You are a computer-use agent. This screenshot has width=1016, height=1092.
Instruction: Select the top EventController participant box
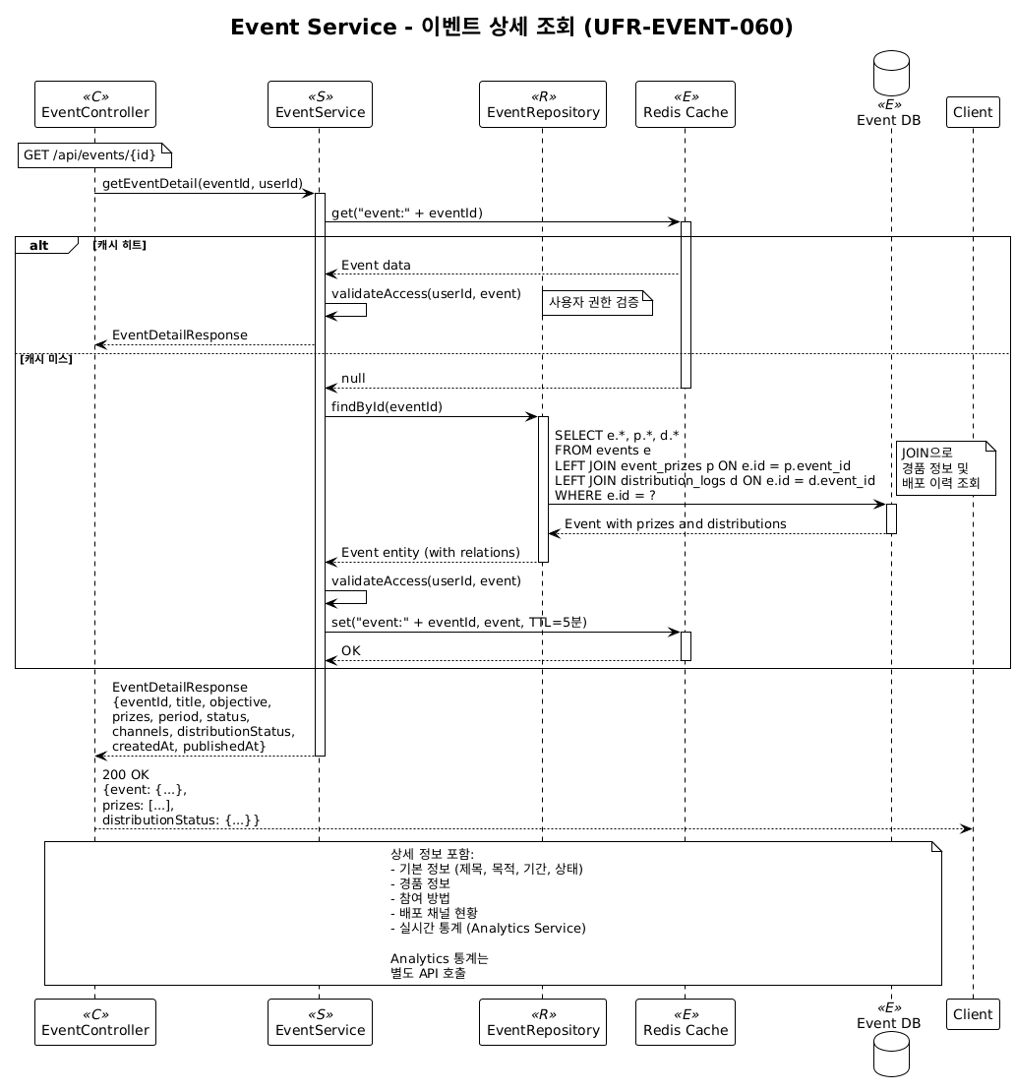pyautogui.click(x=95, y=105)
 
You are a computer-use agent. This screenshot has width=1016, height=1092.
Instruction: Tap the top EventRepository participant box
pyautogui.click(x=543, y=105)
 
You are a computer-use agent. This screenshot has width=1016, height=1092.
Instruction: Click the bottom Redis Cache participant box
pyautogui.click(x=686, y=1022)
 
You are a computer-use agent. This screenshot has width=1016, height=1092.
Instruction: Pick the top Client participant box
pyautogui.click(x=973, y=112)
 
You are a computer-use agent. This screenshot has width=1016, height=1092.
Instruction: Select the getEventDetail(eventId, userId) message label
pyautogui.click(x=202, y=184)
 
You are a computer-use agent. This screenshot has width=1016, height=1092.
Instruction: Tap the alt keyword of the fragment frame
pyautogui.click(x=39, y=245)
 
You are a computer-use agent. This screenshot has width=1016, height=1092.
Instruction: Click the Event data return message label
pyautogui.click(x=376, y=266)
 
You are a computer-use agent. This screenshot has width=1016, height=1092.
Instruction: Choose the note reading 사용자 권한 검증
pyautogui.click(x=596, y=302)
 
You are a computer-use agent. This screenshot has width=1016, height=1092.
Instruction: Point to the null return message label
pyautogui.click(x=353, y=379)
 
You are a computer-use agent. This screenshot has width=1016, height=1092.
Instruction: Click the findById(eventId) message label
pyautogui.click(x=387, y=406)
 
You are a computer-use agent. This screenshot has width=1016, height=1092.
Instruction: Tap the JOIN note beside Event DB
pyautogui.click(x=945, y=468)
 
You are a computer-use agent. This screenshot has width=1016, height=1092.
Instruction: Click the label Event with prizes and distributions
pyautogui.click(x=675, y=523)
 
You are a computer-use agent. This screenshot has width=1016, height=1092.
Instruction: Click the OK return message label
pyautogui.click(x=351, y=650)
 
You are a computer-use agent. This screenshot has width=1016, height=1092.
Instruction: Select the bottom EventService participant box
pyautogui.click(x=320, y=1022)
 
